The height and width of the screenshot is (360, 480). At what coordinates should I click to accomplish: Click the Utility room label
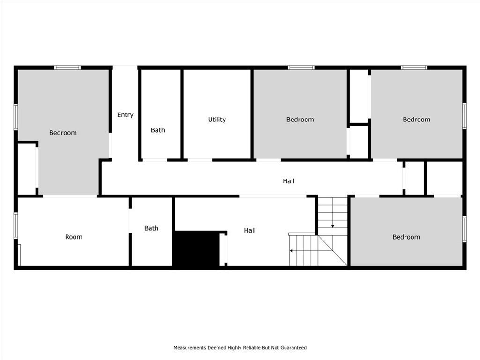[217, 120]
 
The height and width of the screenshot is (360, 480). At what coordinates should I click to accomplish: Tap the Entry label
[125, 115]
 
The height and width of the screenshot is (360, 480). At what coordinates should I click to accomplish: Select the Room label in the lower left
[74, 237]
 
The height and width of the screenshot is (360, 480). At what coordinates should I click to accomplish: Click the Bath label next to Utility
[157, 130]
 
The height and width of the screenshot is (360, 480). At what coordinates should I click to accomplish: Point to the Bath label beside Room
[151, 228]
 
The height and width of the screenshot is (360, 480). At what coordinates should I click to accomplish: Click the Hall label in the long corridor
[288, 181]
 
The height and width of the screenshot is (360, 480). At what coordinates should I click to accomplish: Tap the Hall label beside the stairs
[249, 231]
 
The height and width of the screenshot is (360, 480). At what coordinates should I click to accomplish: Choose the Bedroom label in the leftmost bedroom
[63, 133]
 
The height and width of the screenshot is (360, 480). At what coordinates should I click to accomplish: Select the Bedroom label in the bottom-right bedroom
[406, 237]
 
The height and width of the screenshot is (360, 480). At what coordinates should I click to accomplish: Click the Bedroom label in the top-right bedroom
[416, 120]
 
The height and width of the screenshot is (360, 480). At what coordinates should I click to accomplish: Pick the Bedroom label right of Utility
[300, 120]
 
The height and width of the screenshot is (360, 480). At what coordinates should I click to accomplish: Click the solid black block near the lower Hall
[196, 248]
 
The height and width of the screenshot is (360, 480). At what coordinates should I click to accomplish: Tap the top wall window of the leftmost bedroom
[67, 67]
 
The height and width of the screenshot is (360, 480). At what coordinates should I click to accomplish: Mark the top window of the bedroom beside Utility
[301, 67]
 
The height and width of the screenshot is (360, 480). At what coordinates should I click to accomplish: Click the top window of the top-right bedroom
[414, 67]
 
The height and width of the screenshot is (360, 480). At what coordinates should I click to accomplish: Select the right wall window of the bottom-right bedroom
[465, 229]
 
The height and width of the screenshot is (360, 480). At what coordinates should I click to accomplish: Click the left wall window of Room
[16, 225]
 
